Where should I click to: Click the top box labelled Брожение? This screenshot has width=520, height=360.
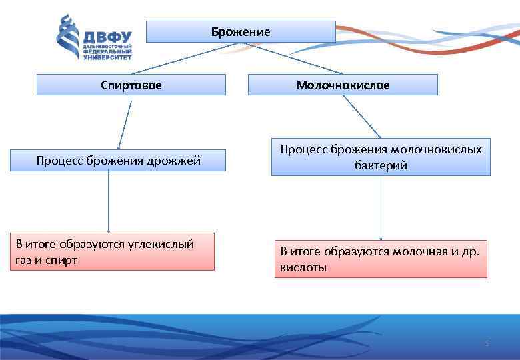point(241,31)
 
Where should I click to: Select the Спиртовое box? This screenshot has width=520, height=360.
point(131,85)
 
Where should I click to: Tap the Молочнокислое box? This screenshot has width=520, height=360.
point(343,85)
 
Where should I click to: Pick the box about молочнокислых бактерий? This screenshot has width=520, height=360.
point(381,157)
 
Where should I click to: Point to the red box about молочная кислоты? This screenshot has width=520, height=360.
point(381,259)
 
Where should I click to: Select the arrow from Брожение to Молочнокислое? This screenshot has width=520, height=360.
point(293,58)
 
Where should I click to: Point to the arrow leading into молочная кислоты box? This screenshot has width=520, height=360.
point(381,207)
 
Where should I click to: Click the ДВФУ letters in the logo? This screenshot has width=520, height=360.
point(106,37)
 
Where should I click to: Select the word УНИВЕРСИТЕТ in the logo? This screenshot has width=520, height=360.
point(106,58)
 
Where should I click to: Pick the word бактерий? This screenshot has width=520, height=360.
point(381,165)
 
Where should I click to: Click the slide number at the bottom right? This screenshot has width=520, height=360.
point(487,343)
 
